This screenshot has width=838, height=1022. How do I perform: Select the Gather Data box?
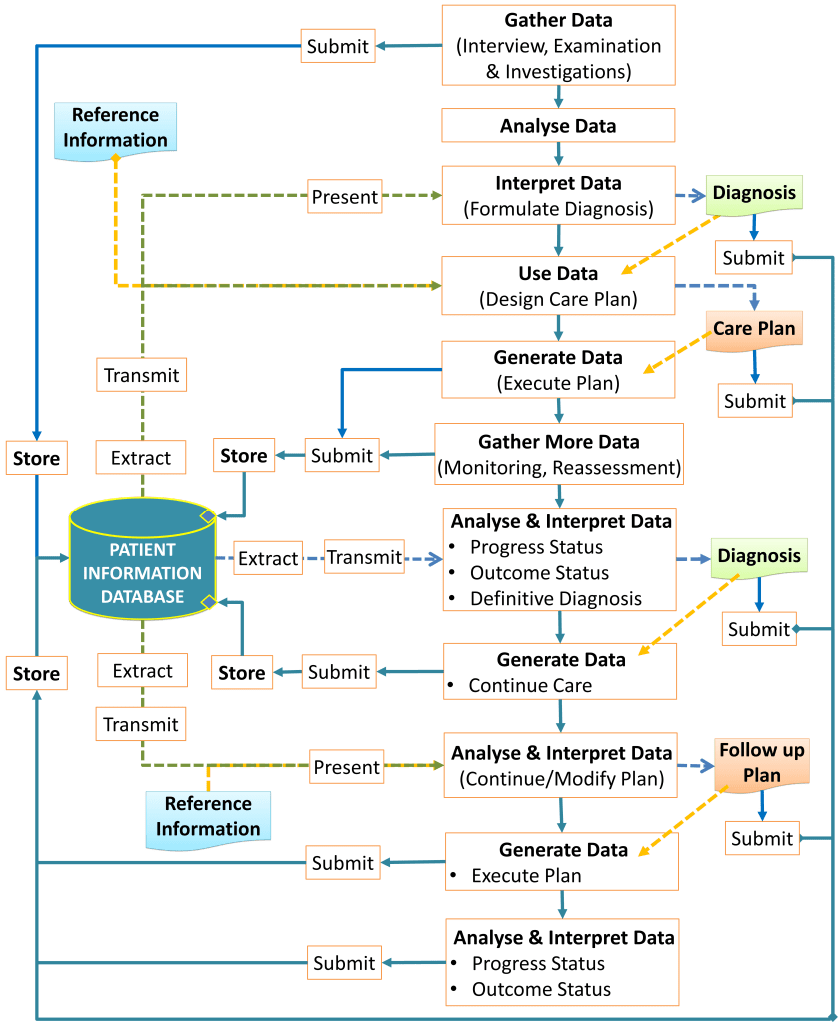coord(559,45)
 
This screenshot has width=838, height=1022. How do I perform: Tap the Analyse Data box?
coord(559,126)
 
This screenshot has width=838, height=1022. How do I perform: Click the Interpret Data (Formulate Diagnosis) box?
coord(559,196)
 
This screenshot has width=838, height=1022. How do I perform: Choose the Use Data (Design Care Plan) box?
coord(559,286)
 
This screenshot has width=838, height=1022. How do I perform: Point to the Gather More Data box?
coord(559,454)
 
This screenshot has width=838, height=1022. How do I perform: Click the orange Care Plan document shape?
coord(754,328)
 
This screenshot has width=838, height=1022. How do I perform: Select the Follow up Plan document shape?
coord(762,762)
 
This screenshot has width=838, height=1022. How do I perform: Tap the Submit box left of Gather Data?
coord(338,46)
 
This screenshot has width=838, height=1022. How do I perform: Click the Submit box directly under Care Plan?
coord(755,401)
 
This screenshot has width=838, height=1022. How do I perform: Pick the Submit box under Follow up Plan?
coord(761,839)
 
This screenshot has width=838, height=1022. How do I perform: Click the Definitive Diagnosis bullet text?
coord(556,598)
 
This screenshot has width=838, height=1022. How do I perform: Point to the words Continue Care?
coord(530,686)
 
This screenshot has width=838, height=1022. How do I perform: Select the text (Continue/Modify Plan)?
coord(562,779)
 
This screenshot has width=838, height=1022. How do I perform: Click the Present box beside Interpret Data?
coord(345,197)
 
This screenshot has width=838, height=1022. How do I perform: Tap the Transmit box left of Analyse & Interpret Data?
coord(364,558)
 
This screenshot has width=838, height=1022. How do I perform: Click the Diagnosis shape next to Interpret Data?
coord(756,193)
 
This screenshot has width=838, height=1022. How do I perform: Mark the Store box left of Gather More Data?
coord(244,456)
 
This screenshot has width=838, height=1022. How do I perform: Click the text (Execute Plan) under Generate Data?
coord(558,382)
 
